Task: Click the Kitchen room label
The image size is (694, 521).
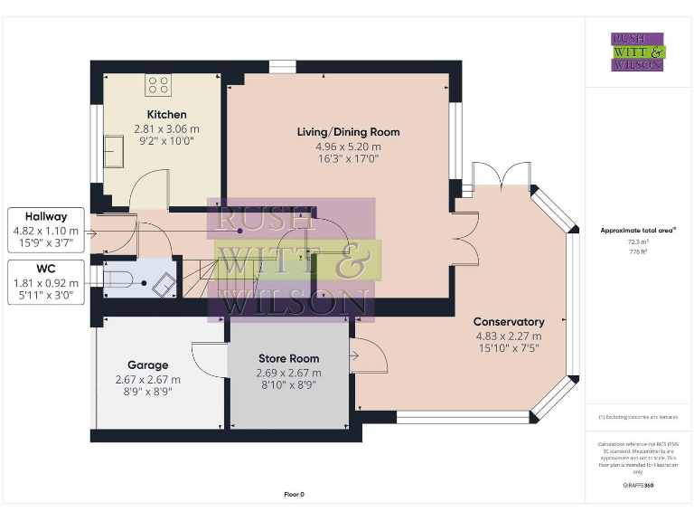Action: coord(166,115)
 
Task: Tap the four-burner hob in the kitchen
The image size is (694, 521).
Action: coord(159,86)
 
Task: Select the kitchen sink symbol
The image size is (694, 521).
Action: coord(114,150)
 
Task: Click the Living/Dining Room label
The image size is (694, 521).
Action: coord(348,132)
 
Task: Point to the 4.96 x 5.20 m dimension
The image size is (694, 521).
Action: coord(348,147)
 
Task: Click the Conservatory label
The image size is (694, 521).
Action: coord(510,322)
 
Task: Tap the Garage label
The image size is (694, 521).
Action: coord(146,365)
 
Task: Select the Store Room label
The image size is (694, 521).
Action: coord(289,358)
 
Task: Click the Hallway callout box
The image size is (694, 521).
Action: coord(46,231)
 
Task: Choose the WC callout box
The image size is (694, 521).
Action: coord(46,282)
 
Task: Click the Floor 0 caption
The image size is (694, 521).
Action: coord(294,495)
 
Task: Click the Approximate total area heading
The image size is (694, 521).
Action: coord(637,231)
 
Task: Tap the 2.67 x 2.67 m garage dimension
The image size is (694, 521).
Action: coord(147,380)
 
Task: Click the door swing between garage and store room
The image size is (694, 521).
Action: coord(208,362)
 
